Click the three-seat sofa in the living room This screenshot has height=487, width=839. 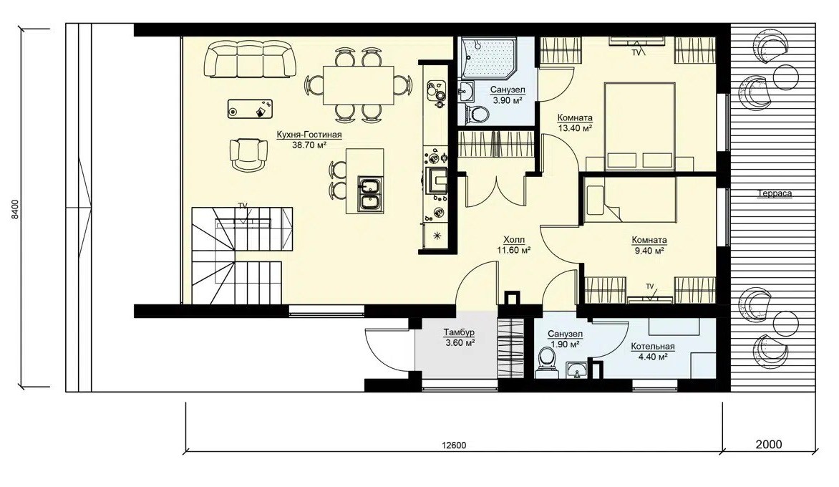point(250,59)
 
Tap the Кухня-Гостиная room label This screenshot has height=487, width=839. point(309,135)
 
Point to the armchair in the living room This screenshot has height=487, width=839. point(248,155)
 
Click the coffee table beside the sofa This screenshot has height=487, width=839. point(250,108)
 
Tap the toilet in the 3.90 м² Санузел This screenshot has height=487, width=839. point(475,113)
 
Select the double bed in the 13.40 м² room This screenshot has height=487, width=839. point(640,126)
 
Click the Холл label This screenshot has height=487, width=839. point(514,240)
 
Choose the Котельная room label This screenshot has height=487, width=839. point(652,347)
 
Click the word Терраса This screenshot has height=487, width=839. point(775,194)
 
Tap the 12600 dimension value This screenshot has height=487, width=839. point(455,445)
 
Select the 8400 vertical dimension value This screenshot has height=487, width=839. point(15,209)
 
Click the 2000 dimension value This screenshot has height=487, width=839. point(769,444)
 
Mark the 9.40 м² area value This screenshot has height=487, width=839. point(648,250)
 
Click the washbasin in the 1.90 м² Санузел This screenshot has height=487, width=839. point(576,370)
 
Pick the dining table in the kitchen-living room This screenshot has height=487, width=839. point(358,85)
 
